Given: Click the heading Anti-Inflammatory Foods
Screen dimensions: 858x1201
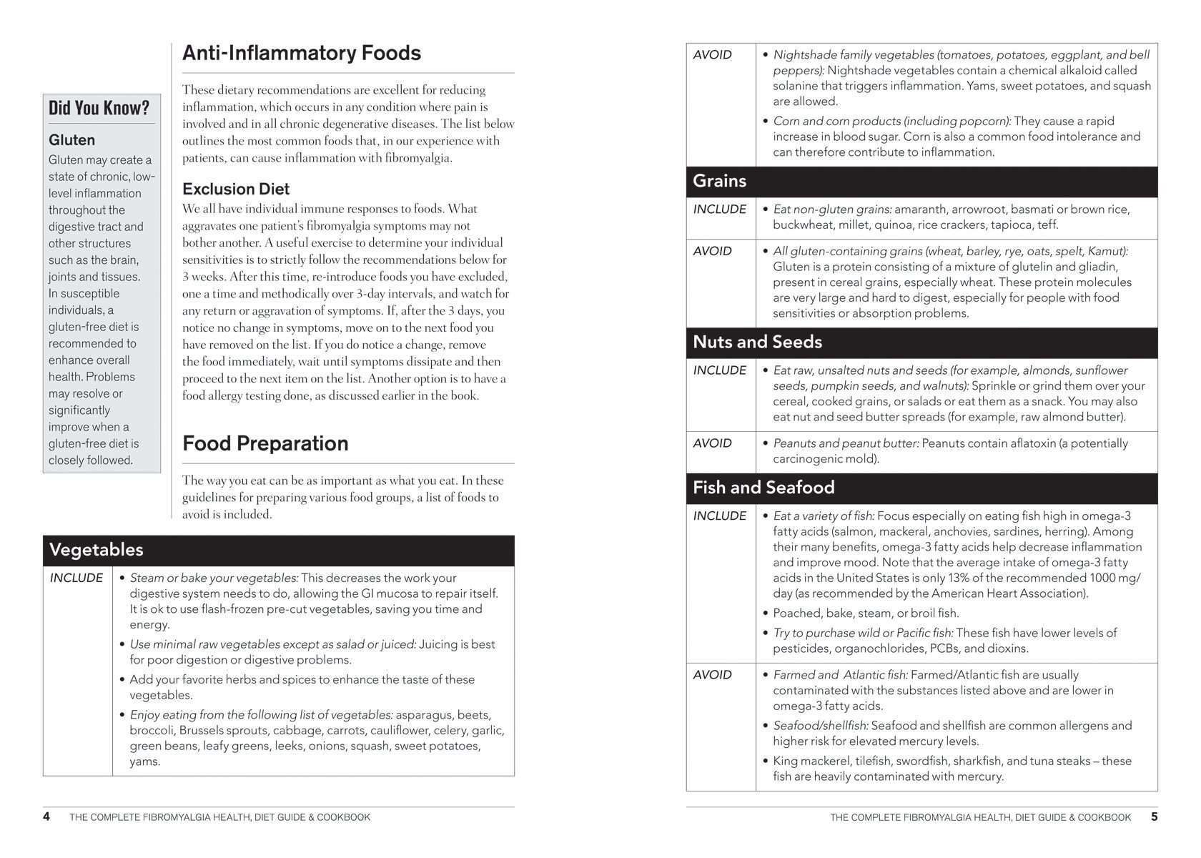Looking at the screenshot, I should pyautogui.click(x=301, y=54).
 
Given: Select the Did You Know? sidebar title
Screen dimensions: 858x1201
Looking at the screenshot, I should pyautogui.click(x=99, y=108).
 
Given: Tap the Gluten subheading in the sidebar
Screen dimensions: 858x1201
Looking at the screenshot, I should pyautogui.click(x=71, y=140).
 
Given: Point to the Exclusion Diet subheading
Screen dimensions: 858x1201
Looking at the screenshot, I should pyautogui.click(x=236, y=189).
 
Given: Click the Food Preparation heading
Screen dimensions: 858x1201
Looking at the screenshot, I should pyautogui.click(x=265, y=444).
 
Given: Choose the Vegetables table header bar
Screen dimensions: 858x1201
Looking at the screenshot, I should pyautogui.click(x=278, y=550).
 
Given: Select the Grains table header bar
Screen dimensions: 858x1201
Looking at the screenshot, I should pyautogui.click(x=921, y=182).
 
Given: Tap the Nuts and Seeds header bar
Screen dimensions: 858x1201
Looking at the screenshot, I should pyautogui.click(x=921, y=342).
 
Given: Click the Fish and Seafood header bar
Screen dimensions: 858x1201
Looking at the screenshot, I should pyautogui.click(x=921, y=488).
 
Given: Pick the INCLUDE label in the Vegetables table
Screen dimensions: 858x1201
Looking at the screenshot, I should pyautogui.click(x=76, y=578).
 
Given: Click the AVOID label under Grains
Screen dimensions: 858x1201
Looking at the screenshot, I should pyautogui.click(x=712, y=251).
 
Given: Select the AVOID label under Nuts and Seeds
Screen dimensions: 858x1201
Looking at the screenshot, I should pyautogui.click(x=712, y=443).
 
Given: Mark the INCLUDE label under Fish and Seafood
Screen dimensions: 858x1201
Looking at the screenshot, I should pyautogui.click(x=719, y=516).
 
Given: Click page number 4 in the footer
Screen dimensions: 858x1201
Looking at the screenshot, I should pyautogui.click(x=46, y=817).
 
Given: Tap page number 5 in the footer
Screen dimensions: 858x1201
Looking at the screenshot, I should pyautogui.click(x=1154, y=817).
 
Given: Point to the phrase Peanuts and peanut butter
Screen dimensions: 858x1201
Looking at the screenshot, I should pyautogui.click(x=846, y=443).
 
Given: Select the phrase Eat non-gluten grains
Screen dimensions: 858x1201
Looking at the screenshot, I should pyautogui.click(x=833, y=209).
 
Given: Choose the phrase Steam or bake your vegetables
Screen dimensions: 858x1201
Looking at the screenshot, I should pyautogui.click(x=214, y=578).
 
